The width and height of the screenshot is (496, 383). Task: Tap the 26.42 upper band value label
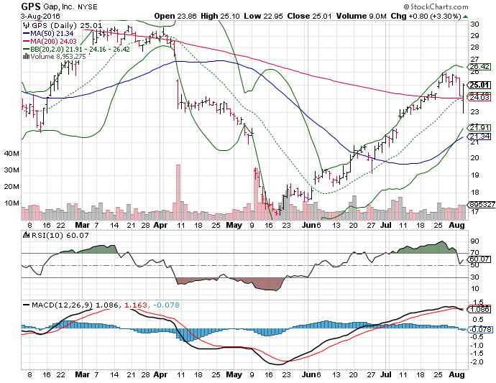[x=479, y=67]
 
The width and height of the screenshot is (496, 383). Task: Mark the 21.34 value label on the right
[x=479, y=137]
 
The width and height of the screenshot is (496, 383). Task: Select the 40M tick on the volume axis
[x=11, y=153]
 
